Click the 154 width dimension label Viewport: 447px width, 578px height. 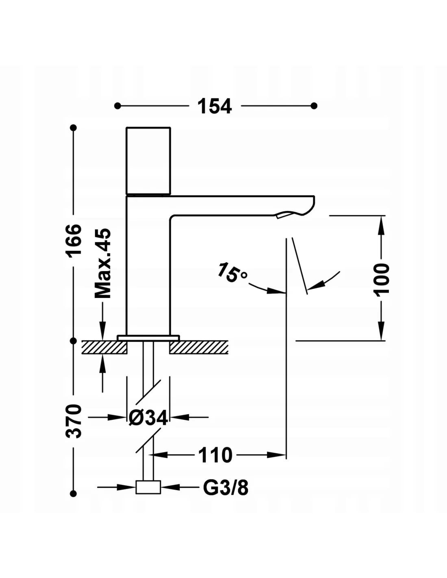(215, 106)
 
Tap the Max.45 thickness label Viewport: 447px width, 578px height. (103, 263)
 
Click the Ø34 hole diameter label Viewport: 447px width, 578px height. (148, 417)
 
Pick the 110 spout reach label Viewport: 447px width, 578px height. (215, 455)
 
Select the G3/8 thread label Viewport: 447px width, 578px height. (226, 487)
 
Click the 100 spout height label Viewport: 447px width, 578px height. (382, 278)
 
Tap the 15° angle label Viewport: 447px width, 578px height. (231, 273)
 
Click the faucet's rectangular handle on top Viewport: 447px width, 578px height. (148, 161)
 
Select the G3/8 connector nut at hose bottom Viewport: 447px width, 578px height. (148, 487)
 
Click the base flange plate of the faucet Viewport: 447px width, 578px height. (148, 338)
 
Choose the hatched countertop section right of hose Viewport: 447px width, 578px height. (199, 347)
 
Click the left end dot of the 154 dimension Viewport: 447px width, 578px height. (118, 106)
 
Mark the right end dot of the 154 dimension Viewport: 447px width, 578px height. (314, 106)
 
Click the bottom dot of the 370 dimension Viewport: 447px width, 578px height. (74, 493)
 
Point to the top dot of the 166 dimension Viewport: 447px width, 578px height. (74, 128)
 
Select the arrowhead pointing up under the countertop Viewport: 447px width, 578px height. (103, 361)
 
